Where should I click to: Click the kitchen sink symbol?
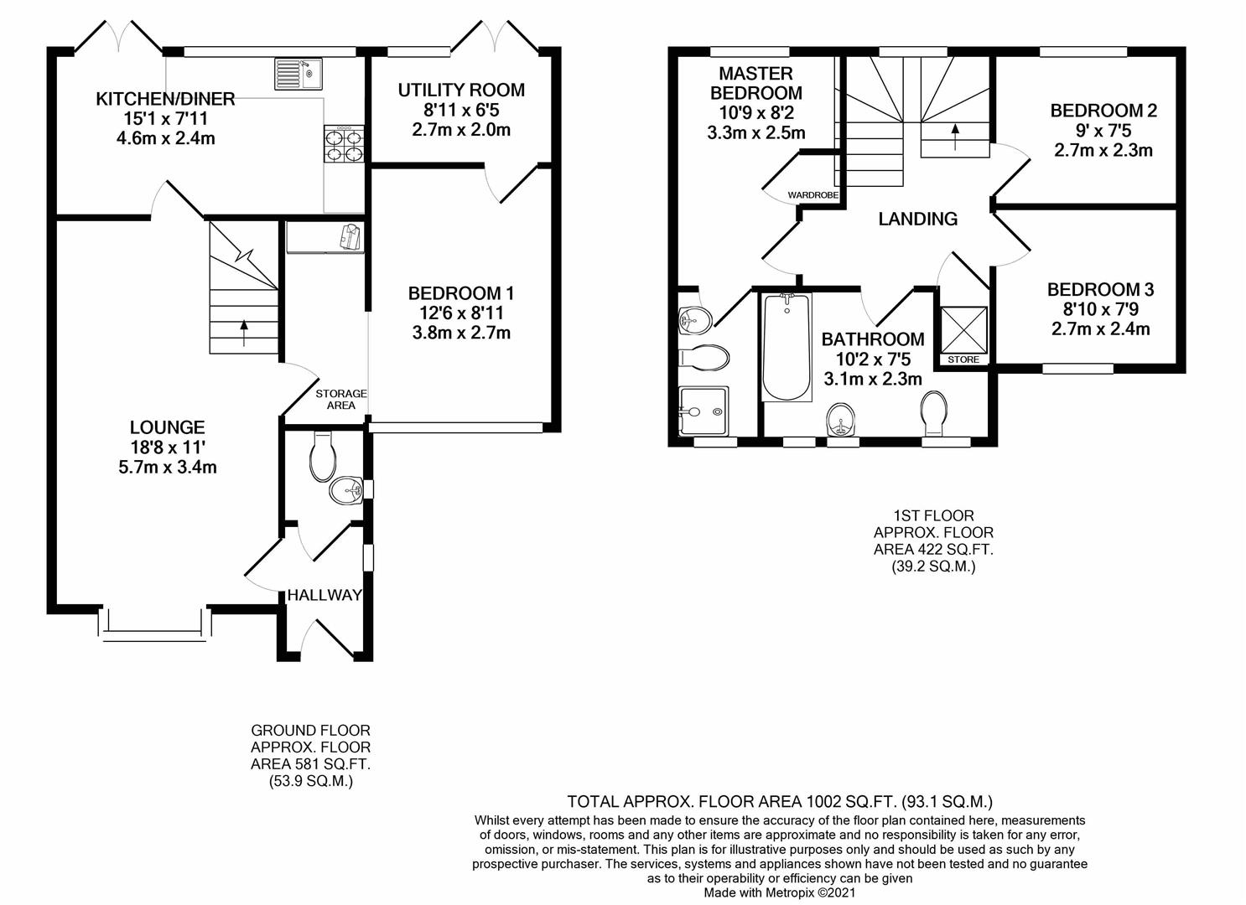click(x=299, y=74)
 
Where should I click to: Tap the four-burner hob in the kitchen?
click(x=345, y=143)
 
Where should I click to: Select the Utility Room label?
click(x=461, y=90)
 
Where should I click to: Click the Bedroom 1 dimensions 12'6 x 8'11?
click(x=461, y=313)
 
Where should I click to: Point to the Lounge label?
click(x=168, y=427)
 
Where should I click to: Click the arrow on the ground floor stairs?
click(x=244, y=333)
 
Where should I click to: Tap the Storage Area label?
click(x=341, y=399)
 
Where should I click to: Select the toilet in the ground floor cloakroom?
click(x=323, y=457)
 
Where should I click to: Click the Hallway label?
click(x=324, y=595)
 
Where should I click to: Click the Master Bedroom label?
click(x=756, y=83)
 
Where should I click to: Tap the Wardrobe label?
click(x=812, y=195)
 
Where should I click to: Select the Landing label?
click(x=918, y=219)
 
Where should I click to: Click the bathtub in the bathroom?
click(x=787, y=346)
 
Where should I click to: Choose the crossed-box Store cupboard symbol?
click(x=963, y=329)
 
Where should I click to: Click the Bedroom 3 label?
click(x=1100, y=289)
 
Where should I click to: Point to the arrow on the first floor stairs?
click(x=955, y=137)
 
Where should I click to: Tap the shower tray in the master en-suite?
click(x=703, y=411)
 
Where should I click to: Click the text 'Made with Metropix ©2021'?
click(x=779, y=893)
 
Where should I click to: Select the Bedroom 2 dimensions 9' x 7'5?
click(x=1103, y=131)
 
